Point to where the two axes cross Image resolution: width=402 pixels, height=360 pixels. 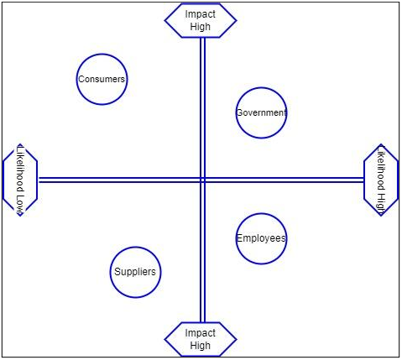coord(203,180)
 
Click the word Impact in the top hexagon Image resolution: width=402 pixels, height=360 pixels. coord(200,14)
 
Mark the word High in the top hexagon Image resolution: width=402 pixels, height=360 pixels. coord(200,27)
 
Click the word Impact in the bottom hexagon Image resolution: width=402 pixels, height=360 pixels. coord(200,333)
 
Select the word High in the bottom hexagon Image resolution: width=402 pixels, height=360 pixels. coord(200,346)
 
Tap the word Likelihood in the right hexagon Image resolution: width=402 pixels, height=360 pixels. coord(381,170)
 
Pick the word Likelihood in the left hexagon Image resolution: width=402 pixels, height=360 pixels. coord(20,169)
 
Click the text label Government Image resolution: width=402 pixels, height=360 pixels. coord(261,112)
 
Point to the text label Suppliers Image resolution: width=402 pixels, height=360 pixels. coord(135,272)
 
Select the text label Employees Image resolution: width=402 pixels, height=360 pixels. coord(261,238)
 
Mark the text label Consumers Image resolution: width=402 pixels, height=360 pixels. coord(102,79)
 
